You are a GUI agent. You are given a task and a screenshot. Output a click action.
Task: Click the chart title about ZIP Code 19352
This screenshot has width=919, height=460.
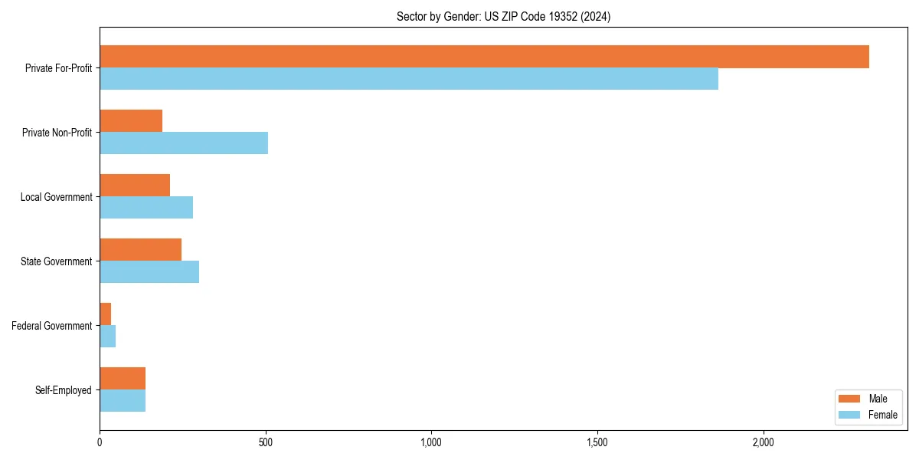pos(503,16)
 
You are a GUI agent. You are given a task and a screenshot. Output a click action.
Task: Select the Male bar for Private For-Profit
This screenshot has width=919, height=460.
pos(484,57)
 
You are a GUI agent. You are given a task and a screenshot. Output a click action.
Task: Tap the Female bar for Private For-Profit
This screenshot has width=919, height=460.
pos(409,79)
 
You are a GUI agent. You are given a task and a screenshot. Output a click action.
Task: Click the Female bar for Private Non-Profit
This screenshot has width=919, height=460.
pos(184,143)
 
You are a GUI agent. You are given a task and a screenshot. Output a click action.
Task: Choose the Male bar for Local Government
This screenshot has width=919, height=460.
pos(135,186)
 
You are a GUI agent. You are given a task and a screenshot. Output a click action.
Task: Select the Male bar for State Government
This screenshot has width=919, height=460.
pos(140,250)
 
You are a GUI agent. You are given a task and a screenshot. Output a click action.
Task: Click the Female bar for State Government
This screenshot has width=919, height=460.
pos(149,272)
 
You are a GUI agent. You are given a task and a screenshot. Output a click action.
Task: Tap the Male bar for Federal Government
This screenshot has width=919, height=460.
pos(106,314)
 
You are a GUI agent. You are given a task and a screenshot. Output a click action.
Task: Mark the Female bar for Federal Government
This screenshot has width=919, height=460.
pos(108,337)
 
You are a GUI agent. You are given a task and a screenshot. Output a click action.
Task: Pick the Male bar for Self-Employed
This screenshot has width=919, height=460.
pos(123,379)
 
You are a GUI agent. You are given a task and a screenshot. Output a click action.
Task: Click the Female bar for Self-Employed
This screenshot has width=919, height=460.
pos(123,401)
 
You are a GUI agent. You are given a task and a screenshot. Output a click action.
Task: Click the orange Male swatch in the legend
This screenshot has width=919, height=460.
pos(850,399)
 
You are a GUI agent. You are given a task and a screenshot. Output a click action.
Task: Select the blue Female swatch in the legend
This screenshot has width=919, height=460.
pos(850,415)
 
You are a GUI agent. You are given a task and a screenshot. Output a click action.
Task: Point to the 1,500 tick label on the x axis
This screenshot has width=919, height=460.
pos(597,442)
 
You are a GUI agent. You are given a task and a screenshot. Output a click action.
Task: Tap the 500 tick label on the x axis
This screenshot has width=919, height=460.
pos(266,442)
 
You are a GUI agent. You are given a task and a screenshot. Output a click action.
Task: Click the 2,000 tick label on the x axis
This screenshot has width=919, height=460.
pos(763,442)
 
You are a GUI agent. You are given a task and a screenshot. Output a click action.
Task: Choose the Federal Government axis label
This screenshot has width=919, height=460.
pos(52,326)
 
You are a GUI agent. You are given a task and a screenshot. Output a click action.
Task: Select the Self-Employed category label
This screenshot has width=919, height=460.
pos(64,390)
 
